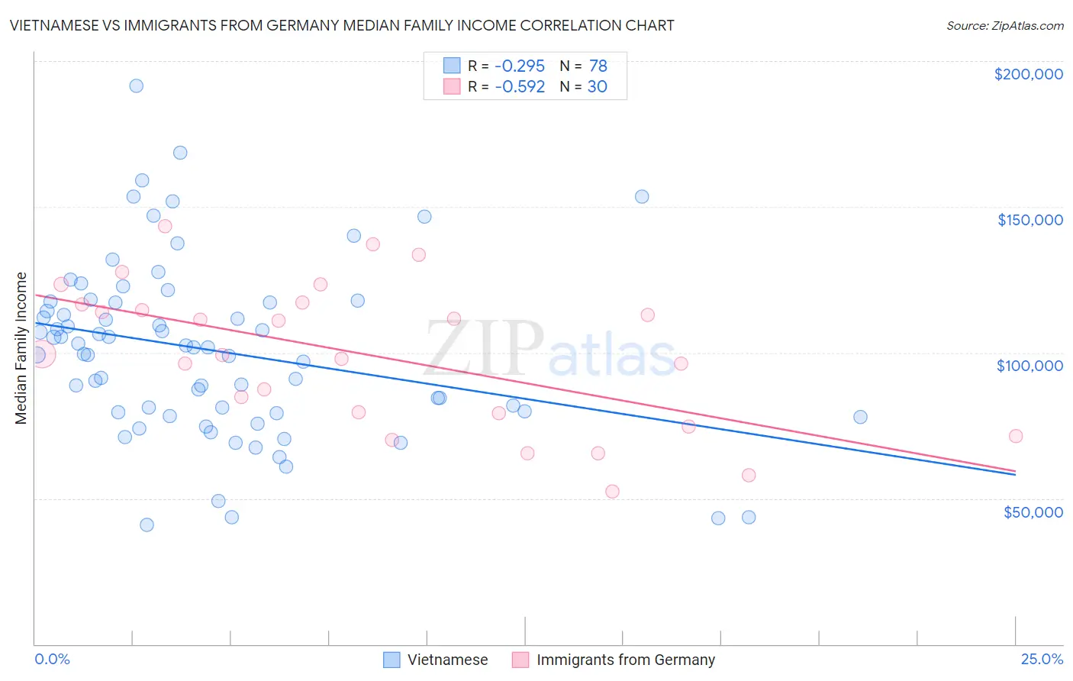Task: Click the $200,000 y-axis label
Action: [x=1028, y=74]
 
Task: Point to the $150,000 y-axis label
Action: [x=1029, y=220]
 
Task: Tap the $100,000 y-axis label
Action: [x=1029, y=366]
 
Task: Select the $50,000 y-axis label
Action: [x=1033, y=512]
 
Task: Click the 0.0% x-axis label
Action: [x=52, y=659]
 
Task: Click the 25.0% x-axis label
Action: [x=1042, y=659]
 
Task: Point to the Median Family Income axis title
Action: [x=21, y=348]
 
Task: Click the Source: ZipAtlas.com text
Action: [x=1004, y=25]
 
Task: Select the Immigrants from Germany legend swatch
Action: [x=520, y=660]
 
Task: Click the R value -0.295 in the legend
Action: [x=520, y=66]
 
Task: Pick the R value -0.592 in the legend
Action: [x=520, y=86]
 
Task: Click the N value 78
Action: [x=598, y=66]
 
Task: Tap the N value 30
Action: [x=597, y=86]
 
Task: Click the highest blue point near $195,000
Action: [x=136, y=86]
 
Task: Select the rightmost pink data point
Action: [x=1015, y=436]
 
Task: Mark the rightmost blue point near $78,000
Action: [x=860, y=417]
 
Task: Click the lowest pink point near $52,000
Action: [x=612, y=491]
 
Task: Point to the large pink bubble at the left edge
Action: [x=40, y=353]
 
